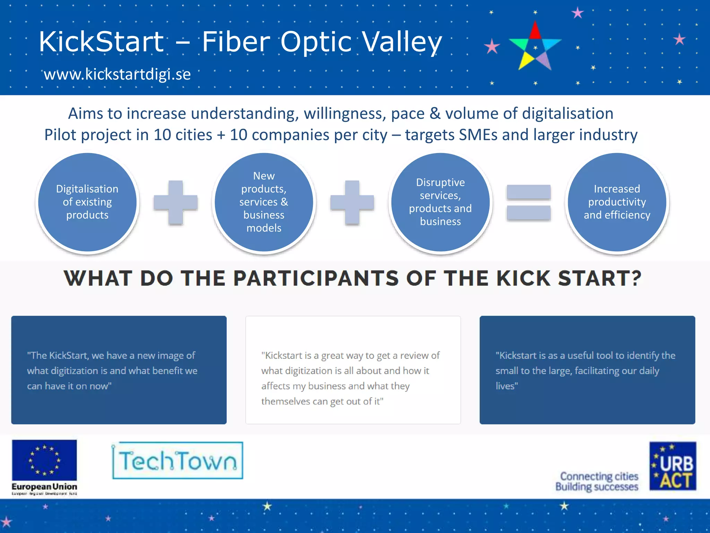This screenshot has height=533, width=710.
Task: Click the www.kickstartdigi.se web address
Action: click(117, 75)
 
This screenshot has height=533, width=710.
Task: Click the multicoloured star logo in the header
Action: click(535, 47)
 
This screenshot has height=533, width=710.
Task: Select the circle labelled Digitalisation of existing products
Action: click(87, 202)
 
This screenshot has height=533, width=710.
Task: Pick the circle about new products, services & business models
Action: click(264, 202)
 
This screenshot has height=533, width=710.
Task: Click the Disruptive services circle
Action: click(440, 202)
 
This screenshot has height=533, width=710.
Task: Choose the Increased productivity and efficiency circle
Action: click(617, 202)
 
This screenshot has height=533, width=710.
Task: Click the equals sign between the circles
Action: click(528, 203)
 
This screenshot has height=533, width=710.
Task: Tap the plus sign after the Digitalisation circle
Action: click(176, 203)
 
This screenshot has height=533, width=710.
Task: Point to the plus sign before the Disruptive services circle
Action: click(352, 203)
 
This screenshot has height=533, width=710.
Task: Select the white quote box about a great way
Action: click(353, 370)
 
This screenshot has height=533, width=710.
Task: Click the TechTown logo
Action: click(177, 461)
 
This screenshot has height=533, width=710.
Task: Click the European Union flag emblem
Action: click(44, 460)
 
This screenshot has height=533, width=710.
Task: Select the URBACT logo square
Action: click(673, 466)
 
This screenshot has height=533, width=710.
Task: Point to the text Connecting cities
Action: click(599, 476)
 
